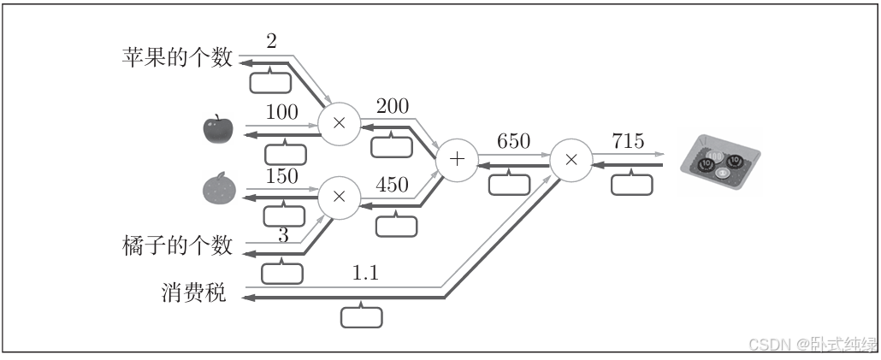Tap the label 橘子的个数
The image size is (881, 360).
(x=177, y=246)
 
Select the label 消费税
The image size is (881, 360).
(x=193, y=293)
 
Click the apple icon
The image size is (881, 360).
(x=217, y=129)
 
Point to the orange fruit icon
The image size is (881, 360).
(x=217, y=189)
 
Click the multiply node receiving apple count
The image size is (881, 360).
(x=339, y=123)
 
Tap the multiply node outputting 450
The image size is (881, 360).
(x=339, y=197)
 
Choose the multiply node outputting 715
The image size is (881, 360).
(x=571, y=160)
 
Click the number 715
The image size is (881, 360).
(x=628, y=142)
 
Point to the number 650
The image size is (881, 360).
(x=513, y=142)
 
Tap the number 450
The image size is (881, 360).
(x=392, y=184)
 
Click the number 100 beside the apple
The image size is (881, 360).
(x=281, y=112)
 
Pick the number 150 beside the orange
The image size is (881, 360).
(x=281, y=177)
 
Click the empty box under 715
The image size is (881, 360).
(x=631, y=184)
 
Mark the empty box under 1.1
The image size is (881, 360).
(x=362, y=316)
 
